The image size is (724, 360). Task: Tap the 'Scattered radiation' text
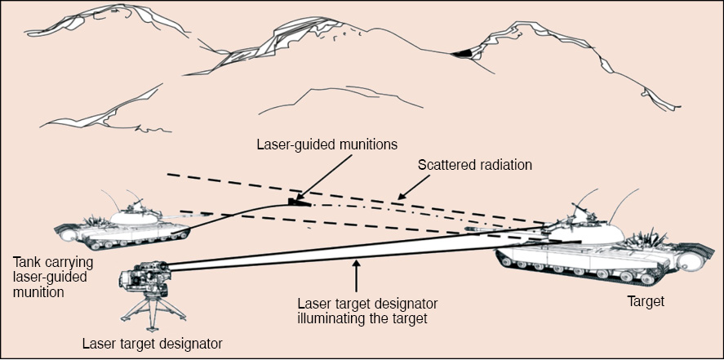click(x=474, y=164)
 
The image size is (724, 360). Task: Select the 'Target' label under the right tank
click(x=646, y=301)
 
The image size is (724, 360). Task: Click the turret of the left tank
click(x=134, y=216)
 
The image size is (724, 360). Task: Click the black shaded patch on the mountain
click(x=464, y=53)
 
